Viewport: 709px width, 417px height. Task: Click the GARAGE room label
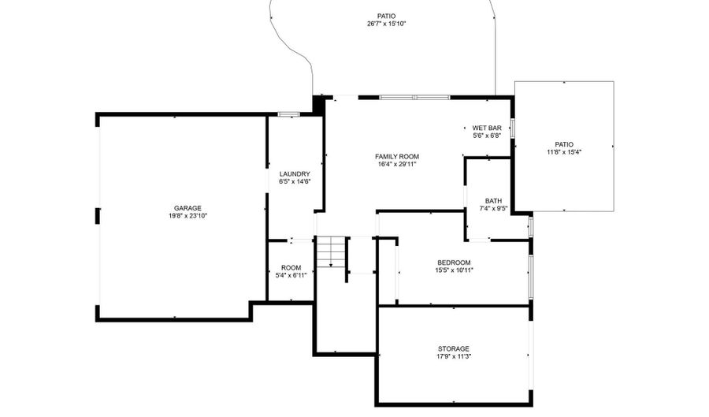point(187,208)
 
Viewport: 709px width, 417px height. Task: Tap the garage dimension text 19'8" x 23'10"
point(187,216)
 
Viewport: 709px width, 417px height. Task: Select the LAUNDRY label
point(295,174)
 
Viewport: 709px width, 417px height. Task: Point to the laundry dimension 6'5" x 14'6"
point(295,182)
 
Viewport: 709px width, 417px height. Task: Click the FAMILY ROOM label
point(396,157)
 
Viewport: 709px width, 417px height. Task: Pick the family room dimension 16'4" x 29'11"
point(396,165)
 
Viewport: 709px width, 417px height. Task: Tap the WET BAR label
point(487,128)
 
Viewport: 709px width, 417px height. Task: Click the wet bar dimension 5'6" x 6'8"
point(487,136)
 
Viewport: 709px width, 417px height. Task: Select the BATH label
point(493,201)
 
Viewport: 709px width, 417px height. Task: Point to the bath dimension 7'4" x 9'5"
point(493,209)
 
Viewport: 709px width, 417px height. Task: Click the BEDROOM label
point(454,262)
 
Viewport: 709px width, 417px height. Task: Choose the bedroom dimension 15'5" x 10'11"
point(454,270)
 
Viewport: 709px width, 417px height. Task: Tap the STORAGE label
point(454,348)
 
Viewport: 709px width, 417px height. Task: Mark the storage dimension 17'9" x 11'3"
point(454,356)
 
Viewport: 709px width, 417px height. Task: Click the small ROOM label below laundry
point(291,268)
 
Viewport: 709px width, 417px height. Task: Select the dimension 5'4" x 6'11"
point(291,276)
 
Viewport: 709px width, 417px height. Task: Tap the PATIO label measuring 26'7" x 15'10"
point(386,16)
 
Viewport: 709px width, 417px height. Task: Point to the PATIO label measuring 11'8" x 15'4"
point(564,144)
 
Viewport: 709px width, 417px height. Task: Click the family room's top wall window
point(414,97)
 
